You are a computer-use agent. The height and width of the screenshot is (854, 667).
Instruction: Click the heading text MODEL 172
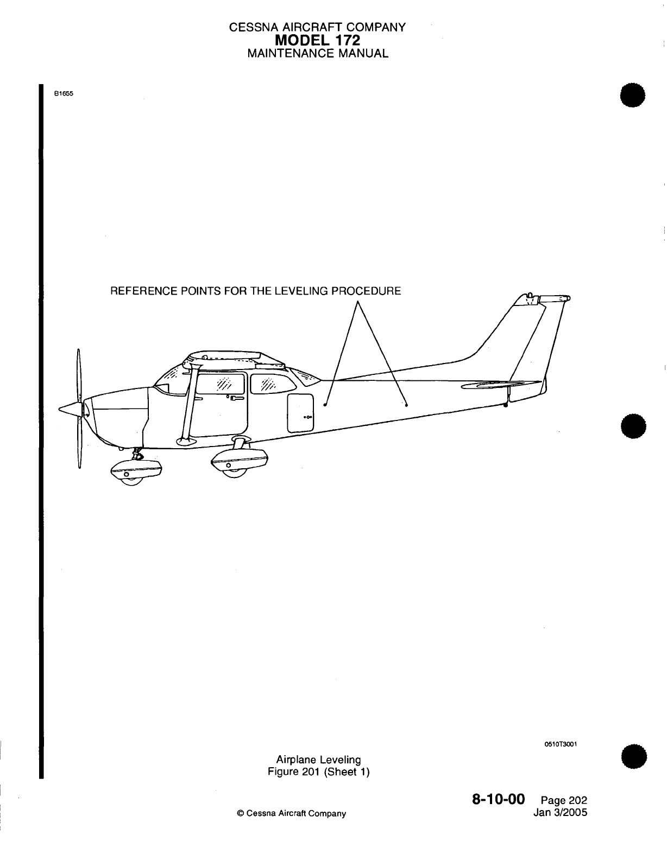pos(317,40)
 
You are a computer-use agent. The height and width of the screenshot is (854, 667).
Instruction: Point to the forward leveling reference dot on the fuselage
pos(325,404)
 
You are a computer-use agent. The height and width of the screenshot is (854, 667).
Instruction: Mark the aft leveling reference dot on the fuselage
pos(406,404)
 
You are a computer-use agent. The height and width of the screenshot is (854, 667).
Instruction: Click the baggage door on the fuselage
pos(300,412)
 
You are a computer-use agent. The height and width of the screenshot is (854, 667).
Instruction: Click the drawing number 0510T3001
pos(559,744)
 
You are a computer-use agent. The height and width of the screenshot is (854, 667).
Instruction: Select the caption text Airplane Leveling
pos(318,760)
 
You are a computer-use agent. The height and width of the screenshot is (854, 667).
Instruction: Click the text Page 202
pos(564,801)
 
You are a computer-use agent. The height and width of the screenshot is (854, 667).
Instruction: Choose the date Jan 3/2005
pos(561,812)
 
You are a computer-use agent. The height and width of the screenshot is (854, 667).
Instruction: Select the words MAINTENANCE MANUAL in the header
pos(317,53)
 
